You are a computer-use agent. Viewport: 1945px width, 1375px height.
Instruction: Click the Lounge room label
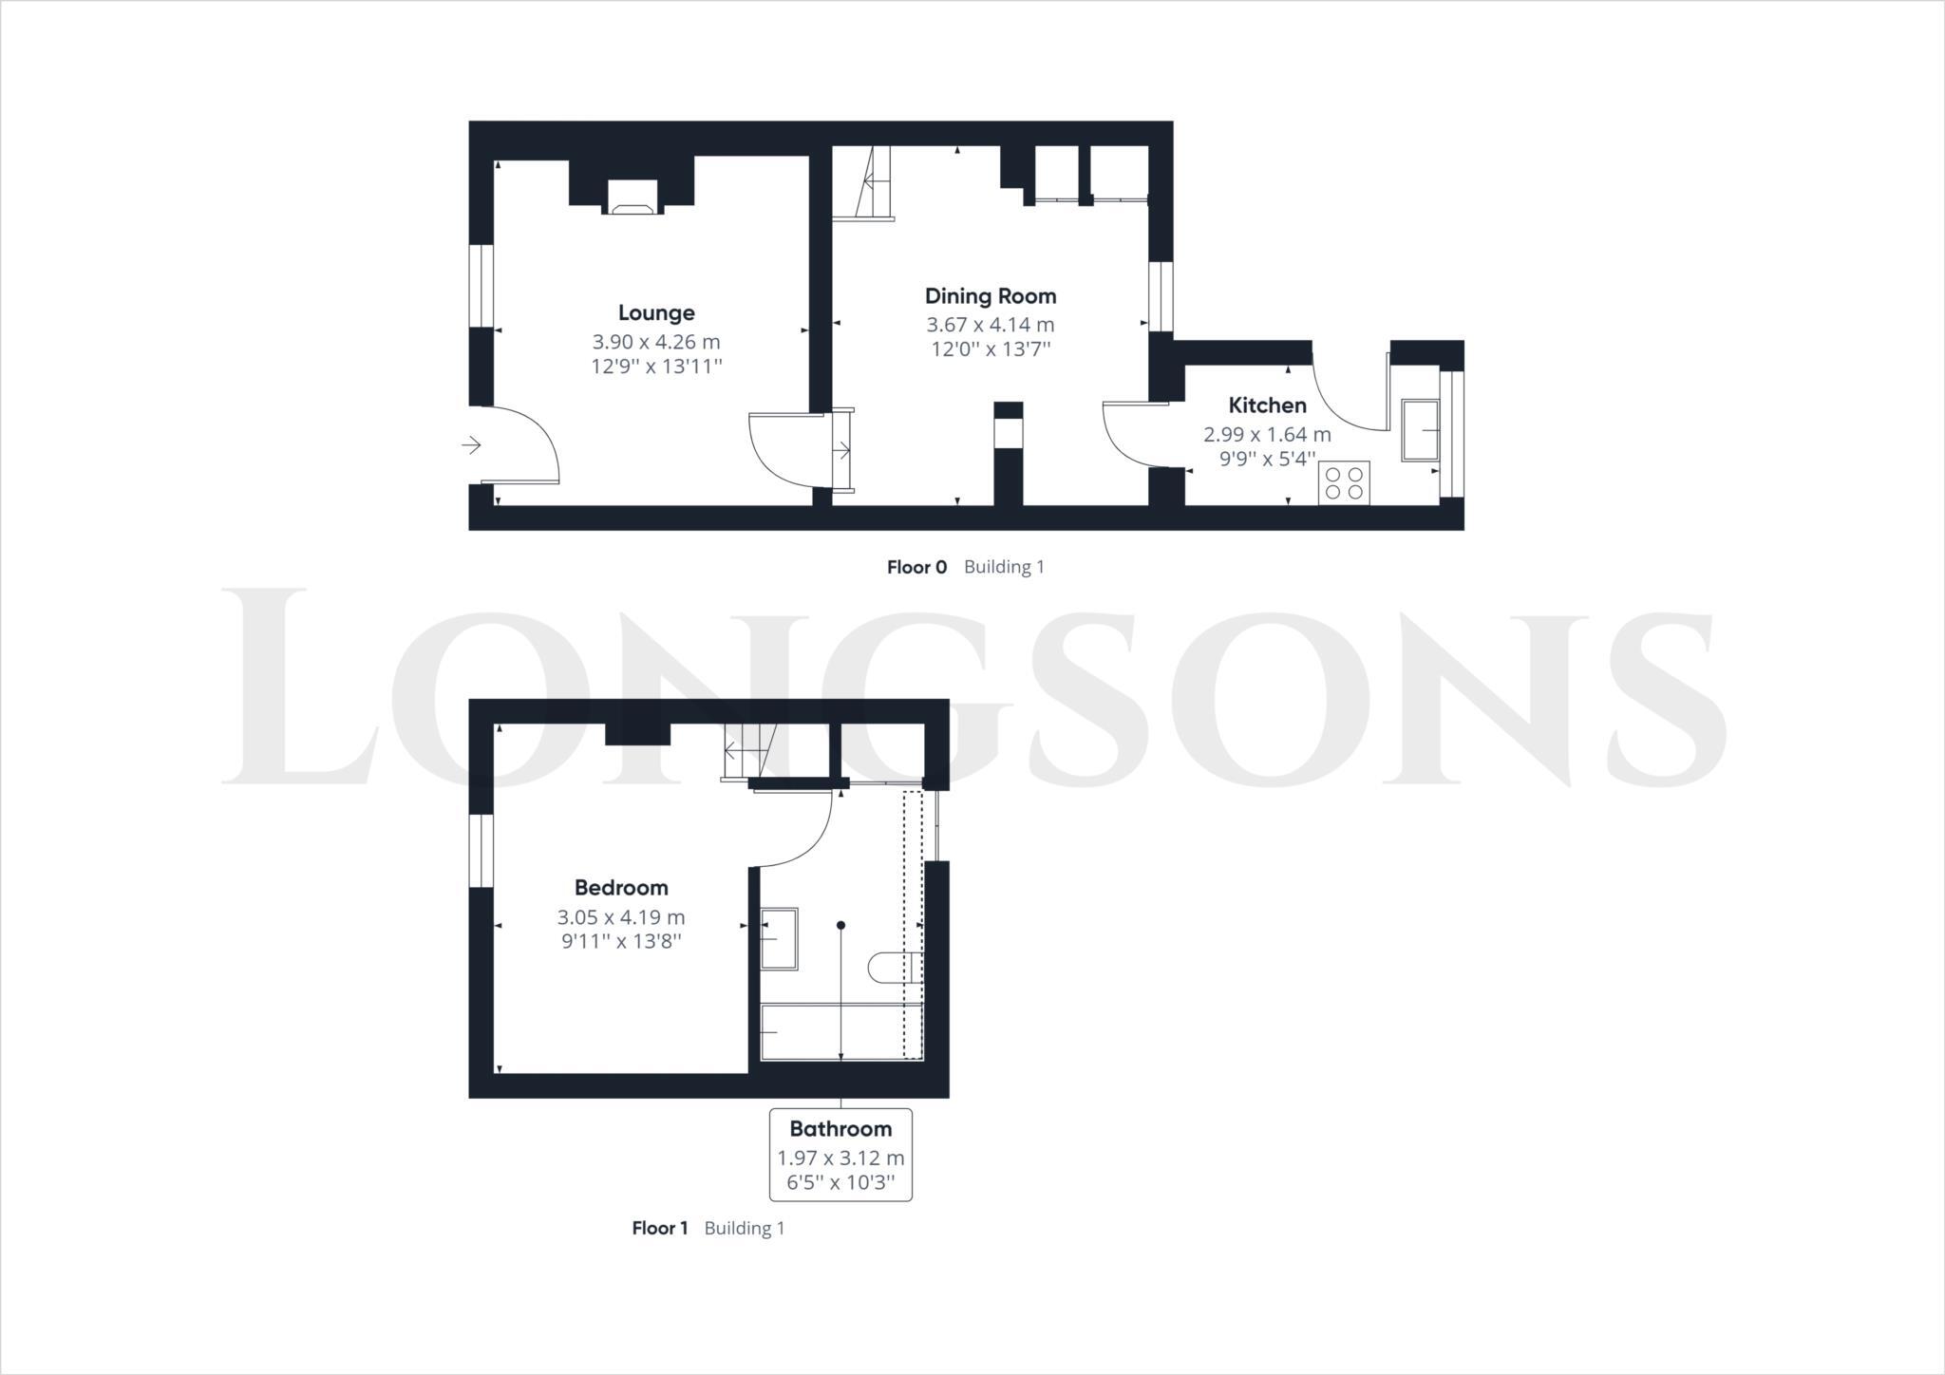(x=656, y=312)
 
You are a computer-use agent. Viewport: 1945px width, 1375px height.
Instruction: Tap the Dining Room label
(x=991, y=295)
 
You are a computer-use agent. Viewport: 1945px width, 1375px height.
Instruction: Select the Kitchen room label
(x=1267, y=405)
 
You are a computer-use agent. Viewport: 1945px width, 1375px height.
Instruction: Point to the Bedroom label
(x=621, y=888)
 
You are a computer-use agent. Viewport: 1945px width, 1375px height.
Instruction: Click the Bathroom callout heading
(x=840, y=1129)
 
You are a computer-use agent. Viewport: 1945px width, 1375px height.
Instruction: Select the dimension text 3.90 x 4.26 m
(x=656, y=342)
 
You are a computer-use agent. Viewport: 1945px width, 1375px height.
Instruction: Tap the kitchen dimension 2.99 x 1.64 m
(x=1267, y=435)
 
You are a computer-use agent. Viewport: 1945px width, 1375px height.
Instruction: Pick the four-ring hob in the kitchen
(x=1344, y=482)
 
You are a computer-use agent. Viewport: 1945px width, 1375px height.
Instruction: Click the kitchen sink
(x=1420, y=430)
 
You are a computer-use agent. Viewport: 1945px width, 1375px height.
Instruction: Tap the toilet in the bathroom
(x=893, y=968)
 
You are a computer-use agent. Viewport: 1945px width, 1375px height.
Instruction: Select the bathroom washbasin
(x=780, y=938)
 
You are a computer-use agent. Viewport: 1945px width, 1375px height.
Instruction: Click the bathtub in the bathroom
(x=840, y=1031)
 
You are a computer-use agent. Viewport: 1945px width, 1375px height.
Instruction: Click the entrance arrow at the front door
(x=471, y=444)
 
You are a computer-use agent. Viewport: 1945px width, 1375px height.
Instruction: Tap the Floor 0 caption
(x=916, y=567)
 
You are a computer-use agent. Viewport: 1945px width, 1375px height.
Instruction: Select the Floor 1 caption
(x=660, y=1228)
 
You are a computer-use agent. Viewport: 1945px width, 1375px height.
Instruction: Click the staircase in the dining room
(x=872, y=182)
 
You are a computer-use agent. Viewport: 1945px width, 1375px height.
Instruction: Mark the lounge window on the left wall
(x=482, y=287)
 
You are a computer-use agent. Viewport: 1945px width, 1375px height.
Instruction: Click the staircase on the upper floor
(x=748, y=750)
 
